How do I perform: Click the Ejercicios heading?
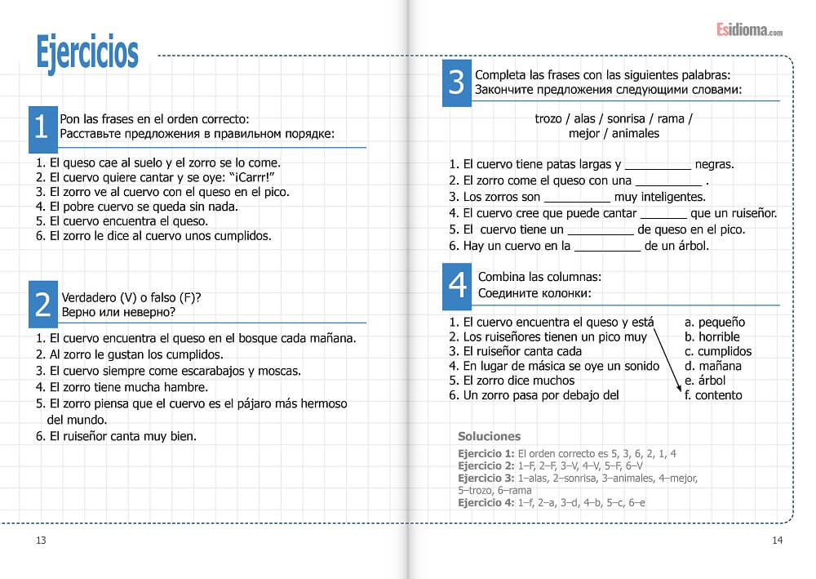pyautogui.click(x=87, y=51)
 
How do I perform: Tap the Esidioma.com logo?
pyautogui.click(x=749, y=30)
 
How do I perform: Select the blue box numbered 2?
pyautogui.click(x=42, y=303)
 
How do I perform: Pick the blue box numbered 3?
pyautogui.click(x=456, y=82)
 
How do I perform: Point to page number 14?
pyautogui.click(x=777, y=540)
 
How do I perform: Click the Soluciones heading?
pyautogui.click(x=489, y=436)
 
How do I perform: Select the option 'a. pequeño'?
pyautogui.click(x=715, y=322)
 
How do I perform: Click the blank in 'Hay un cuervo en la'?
pyautogui.click(x=607, y=245)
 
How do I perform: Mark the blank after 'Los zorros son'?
pyautogui.click(x=577, y=197)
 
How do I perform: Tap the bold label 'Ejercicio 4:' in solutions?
pyautogui.click(x=486, y=503)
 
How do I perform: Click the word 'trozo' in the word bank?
pyautogui.click(x=548, y=118)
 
